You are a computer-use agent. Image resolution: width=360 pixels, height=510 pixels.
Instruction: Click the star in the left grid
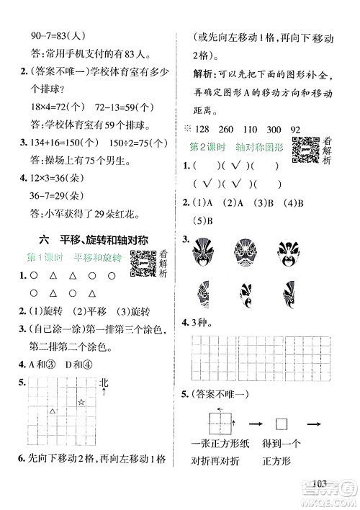coord(81,401)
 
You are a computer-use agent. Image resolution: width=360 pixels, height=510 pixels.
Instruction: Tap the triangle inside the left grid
coord(52,411)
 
